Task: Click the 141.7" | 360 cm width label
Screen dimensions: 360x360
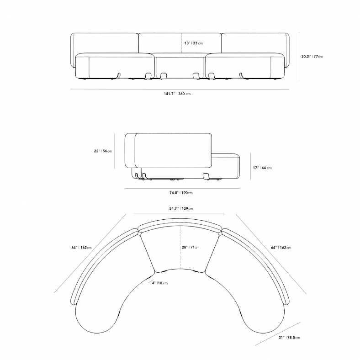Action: tap(177, 94)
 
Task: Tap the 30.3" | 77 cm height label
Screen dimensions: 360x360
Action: tap(312, 57)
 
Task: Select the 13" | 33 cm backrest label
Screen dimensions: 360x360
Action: tap(194, 43)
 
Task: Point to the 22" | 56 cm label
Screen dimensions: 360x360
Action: tap(103, 151)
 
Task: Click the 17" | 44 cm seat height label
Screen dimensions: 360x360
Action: tap(262, 168)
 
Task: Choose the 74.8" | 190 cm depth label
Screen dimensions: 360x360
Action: tap(181, 193)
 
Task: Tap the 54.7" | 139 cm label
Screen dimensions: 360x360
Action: tap(181, 209)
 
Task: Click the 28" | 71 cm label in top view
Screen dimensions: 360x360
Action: tap(191, 247)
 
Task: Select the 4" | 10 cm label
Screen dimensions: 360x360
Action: tap(160, 283)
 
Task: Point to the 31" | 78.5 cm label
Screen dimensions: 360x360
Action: tap(289, 338)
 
